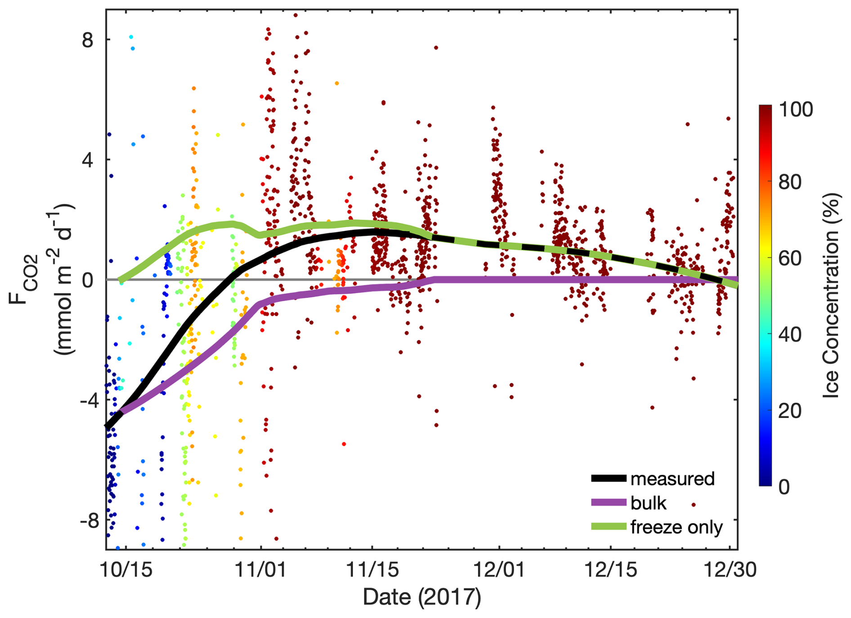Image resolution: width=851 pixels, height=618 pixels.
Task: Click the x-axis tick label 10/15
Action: coord(126,570)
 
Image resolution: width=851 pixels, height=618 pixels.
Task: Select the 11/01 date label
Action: coord(261,570)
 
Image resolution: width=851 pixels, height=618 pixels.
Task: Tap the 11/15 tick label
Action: coord(372,570)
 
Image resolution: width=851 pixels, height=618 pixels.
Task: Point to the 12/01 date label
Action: coord(499,570)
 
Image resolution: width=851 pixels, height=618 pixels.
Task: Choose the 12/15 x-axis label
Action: coord(610,570)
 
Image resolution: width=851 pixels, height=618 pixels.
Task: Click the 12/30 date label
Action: coord(730,570)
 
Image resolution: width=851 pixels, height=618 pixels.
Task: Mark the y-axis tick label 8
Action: coord(87,40)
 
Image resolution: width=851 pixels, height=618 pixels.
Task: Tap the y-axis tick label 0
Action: coord(87,280)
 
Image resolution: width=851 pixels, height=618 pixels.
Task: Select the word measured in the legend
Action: coord(672,479)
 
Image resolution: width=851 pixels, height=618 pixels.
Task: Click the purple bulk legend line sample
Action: coord(609,502)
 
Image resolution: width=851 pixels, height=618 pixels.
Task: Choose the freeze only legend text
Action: coord(676,527)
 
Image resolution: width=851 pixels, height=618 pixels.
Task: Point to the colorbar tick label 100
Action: coord(795,110)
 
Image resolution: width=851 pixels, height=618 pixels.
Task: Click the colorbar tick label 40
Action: coord(789,334)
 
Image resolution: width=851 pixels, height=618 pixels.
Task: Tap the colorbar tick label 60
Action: coord(789,258)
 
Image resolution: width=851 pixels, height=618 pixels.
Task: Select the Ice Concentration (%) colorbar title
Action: coord(831,295)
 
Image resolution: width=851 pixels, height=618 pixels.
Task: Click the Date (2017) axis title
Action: coord(421,597)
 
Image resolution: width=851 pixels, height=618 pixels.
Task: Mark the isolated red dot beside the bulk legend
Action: coord(694,505)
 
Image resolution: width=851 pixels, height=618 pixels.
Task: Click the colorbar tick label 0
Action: coord(784,487)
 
